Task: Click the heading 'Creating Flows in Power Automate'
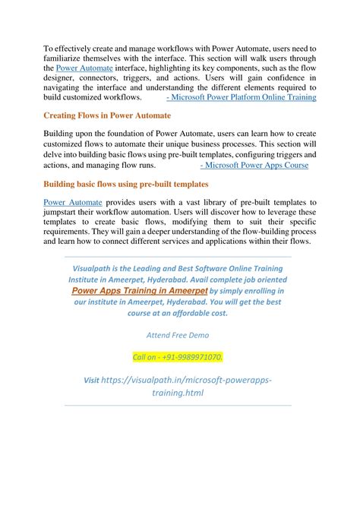click(x=107, y=115)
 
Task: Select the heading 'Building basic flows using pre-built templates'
click(x=127, y=185)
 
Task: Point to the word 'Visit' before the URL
click(x=91, y=379)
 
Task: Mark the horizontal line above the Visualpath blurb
click(x=178, y=256)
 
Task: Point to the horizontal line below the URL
click(x=178, y=406)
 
